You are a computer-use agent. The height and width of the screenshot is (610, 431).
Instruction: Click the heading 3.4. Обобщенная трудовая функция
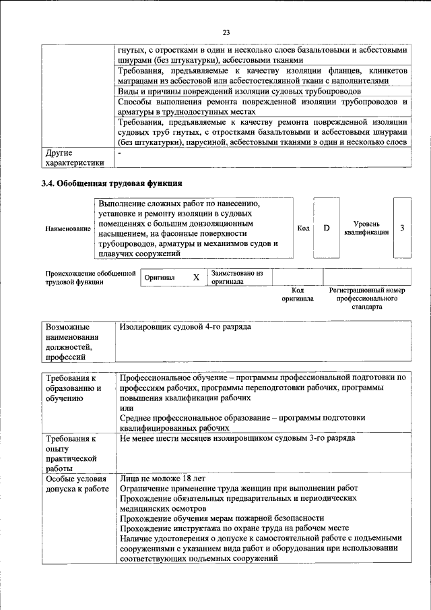111,183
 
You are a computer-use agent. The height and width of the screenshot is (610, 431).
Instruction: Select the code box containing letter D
327,228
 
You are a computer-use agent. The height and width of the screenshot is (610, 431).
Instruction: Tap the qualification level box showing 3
402,228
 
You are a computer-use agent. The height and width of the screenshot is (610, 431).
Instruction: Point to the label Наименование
68,229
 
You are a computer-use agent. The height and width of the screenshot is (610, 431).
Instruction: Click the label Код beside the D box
303,228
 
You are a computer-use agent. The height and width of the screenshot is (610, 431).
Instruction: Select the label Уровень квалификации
366,228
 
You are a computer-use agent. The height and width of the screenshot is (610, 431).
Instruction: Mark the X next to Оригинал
197,277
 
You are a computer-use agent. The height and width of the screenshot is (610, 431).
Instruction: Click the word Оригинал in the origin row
160,277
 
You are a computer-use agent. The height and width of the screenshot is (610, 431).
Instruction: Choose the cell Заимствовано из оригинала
236,277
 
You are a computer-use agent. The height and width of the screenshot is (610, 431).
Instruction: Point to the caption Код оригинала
298,294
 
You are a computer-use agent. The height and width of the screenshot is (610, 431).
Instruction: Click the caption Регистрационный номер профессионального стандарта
366,298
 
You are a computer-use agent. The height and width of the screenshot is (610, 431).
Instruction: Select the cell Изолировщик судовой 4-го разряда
185,327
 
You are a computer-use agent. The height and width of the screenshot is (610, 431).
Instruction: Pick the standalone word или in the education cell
125,408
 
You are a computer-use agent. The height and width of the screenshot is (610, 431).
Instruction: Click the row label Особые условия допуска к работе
76,483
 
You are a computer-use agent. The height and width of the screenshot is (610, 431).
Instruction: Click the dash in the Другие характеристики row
120,154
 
